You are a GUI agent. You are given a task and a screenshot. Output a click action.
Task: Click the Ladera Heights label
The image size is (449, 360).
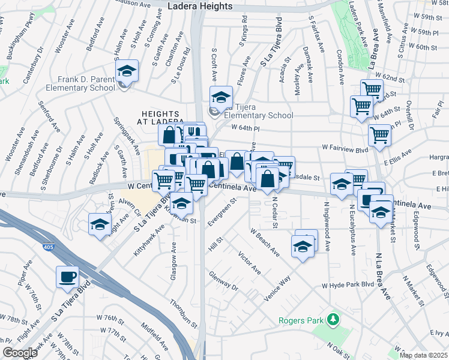200,6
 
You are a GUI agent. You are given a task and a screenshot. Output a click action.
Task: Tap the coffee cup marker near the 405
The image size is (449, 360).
67,277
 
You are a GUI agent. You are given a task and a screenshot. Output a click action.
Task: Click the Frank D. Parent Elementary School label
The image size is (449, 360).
86,83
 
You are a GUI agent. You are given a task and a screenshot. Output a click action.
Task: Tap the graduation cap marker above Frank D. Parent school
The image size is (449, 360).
127,71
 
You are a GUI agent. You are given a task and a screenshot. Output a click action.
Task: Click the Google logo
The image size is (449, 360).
20,353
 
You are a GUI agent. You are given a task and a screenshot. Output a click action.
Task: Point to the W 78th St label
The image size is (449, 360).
14,316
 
